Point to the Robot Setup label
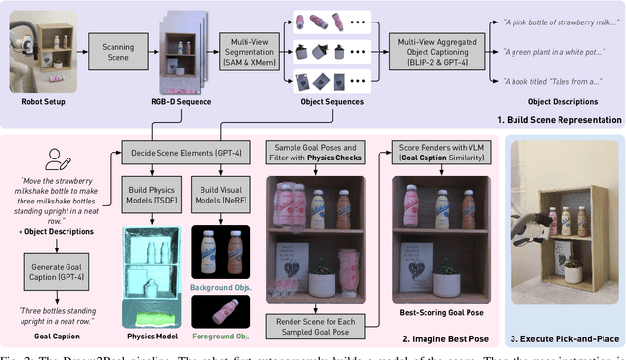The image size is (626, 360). pos(32,101)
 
